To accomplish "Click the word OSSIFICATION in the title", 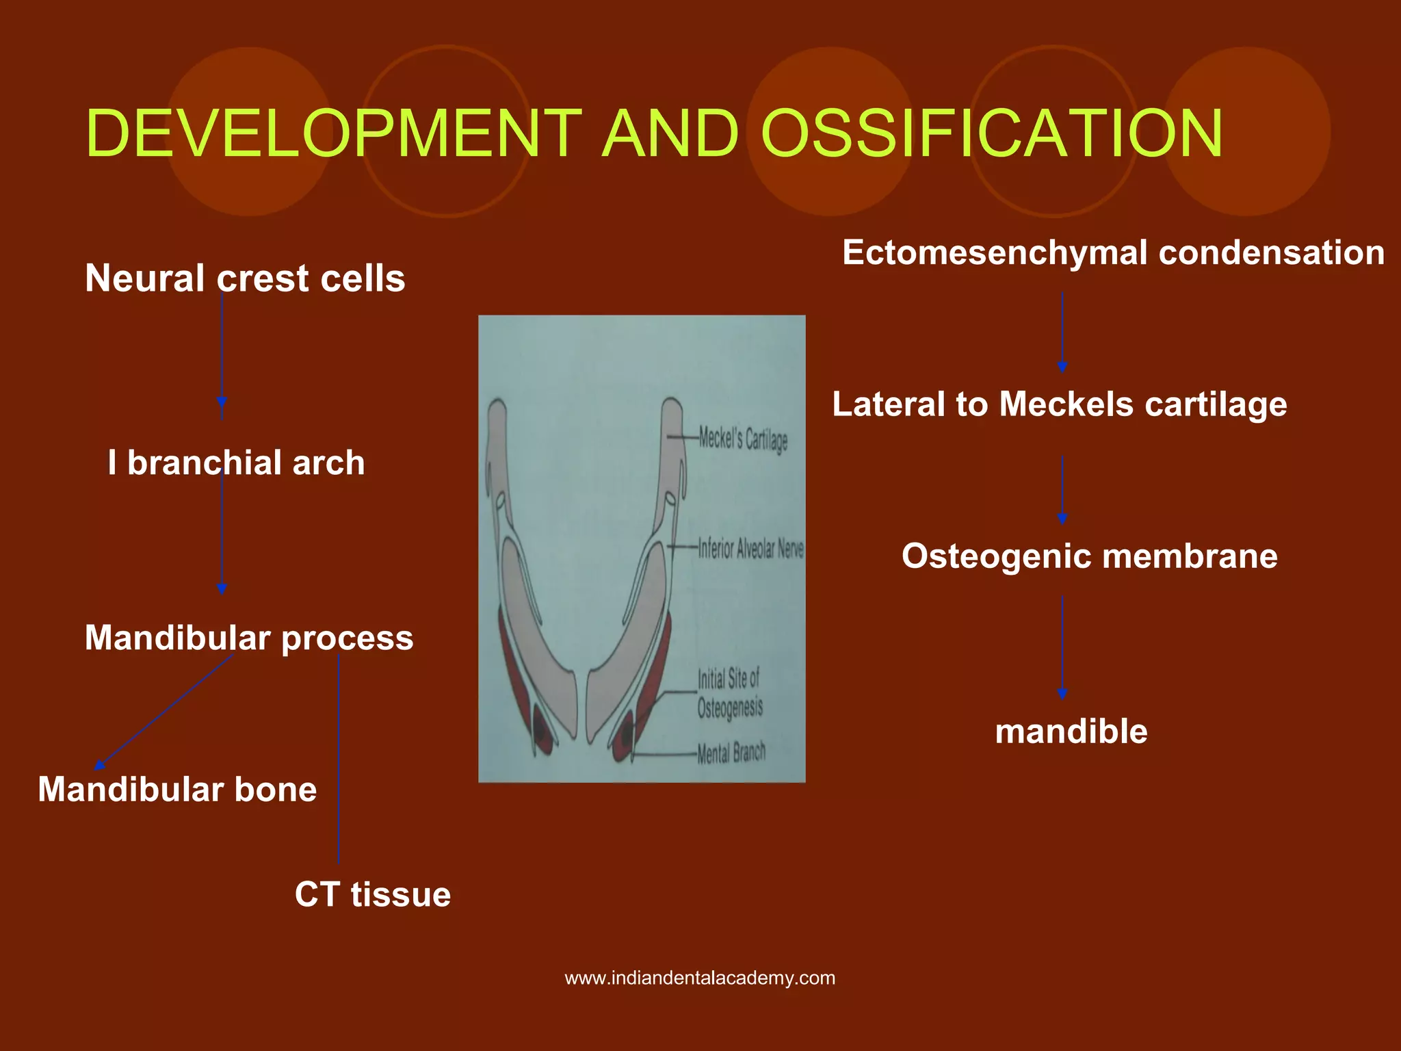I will coord(991,133).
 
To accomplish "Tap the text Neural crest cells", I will coord(245,278).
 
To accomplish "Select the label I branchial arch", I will coord(236,463).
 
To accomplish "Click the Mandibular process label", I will coord(249,638).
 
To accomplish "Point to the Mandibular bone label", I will coord(177,790).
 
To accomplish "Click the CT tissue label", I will coord(373,894).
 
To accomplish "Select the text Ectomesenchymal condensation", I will coord(1113,252).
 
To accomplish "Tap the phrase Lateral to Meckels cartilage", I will coord(1059,404).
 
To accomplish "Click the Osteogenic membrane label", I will coord(1089,556).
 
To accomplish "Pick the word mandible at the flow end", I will coord(1071,731).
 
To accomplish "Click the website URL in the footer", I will coord(700,978).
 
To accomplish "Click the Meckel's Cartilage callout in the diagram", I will coord(743,438).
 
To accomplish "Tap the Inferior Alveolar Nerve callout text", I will coord(750,548).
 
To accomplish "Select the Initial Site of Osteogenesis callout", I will coord(729,693).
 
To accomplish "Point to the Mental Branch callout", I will coord(731,753).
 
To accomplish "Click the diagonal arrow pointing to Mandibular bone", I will coord(164,712).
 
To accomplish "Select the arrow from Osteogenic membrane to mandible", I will coord(1062,647).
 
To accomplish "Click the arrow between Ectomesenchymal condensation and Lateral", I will coord(1062,332).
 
